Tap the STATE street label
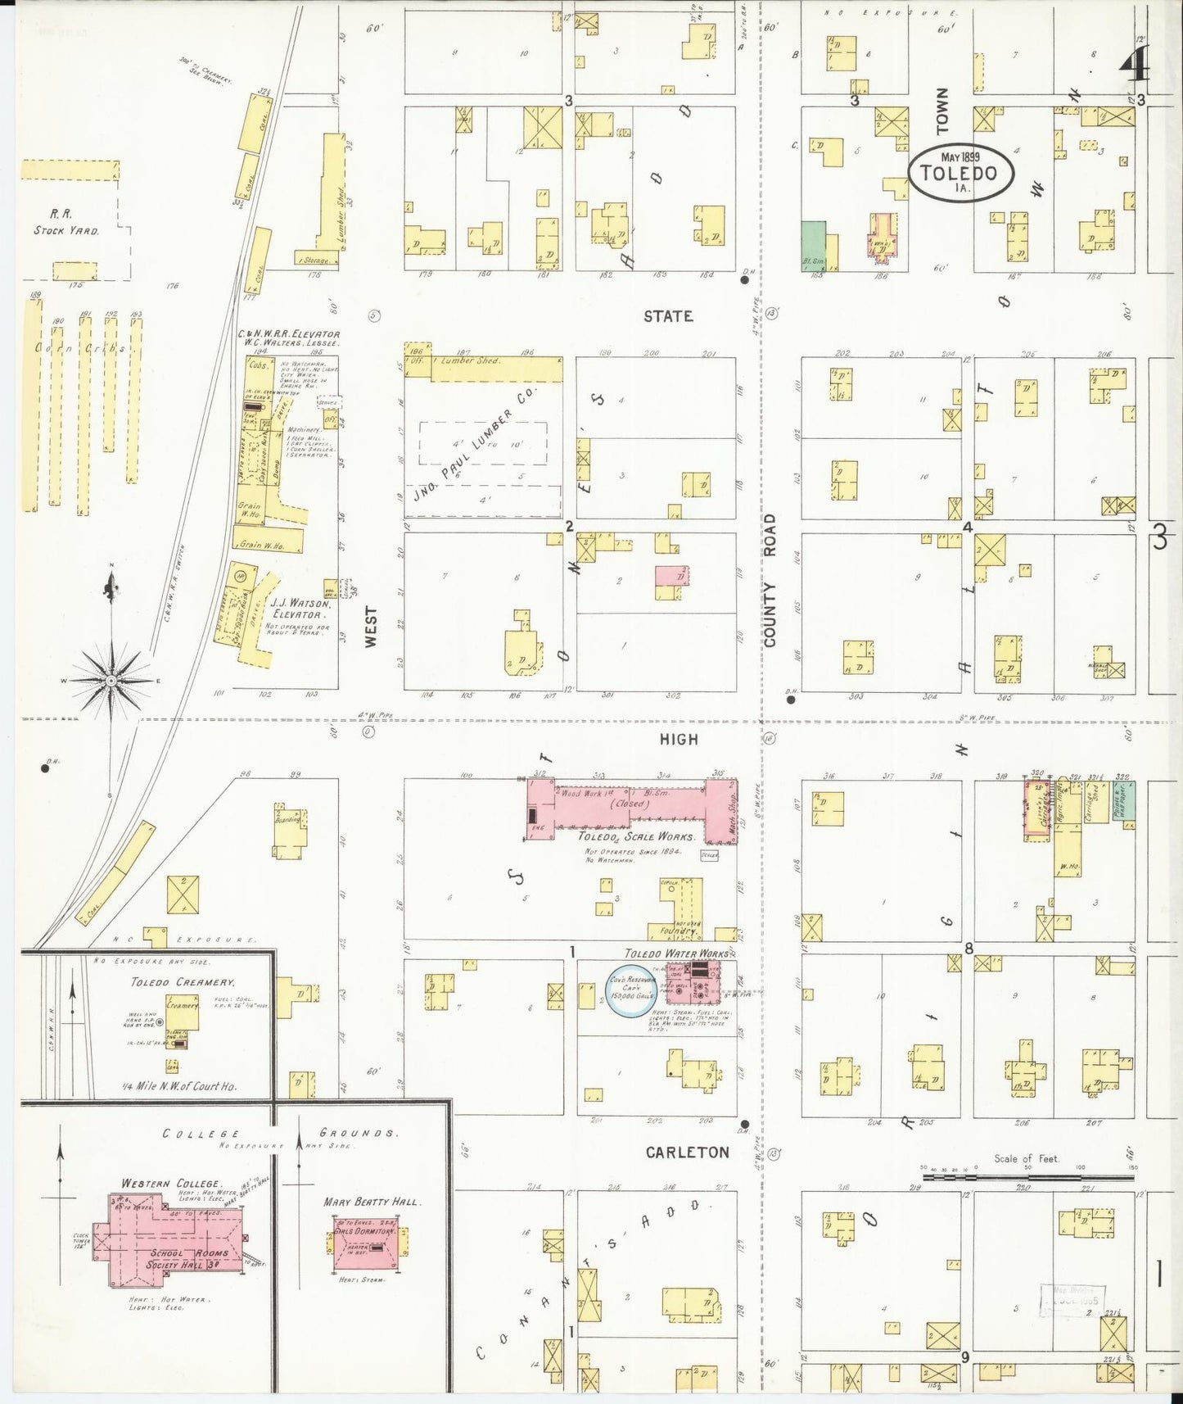point(667,316)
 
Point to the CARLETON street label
point(687,1152)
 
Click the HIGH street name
point(679,739)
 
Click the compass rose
point(111,679)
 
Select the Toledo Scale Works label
point(636,836)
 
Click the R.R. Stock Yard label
point(66,222)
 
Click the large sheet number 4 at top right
point(1135,64)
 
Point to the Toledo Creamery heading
point(183,981)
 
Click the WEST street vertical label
point(371,627)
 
